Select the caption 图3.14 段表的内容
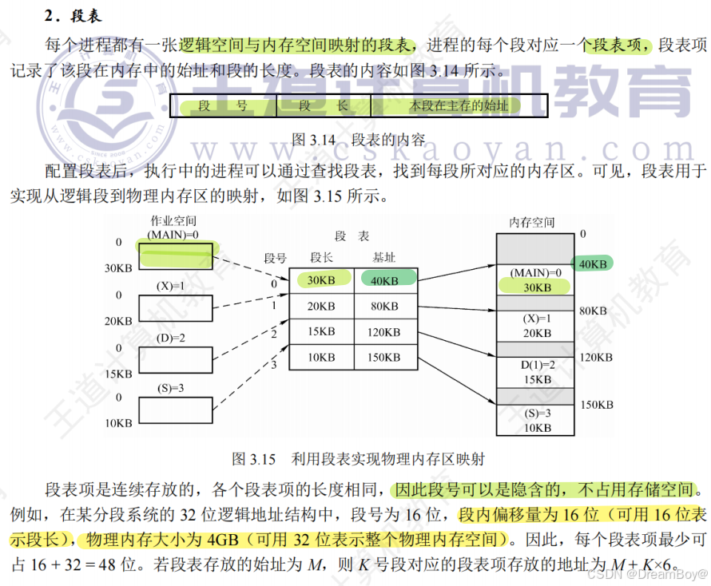pyautogui.click(x=358, y=139)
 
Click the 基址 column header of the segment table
pyautogui.click(x=383, y=257)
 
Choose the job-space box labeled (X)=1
pyautogui.click(x=176, y=307)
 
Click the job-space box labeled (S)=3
pyautogui.click(x=176, y=409)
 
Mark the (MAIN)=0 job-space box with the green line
pyautogui.click(x=176, y=255)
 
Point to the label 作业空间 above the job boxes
pyautogui.click(x=173, y=220)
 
